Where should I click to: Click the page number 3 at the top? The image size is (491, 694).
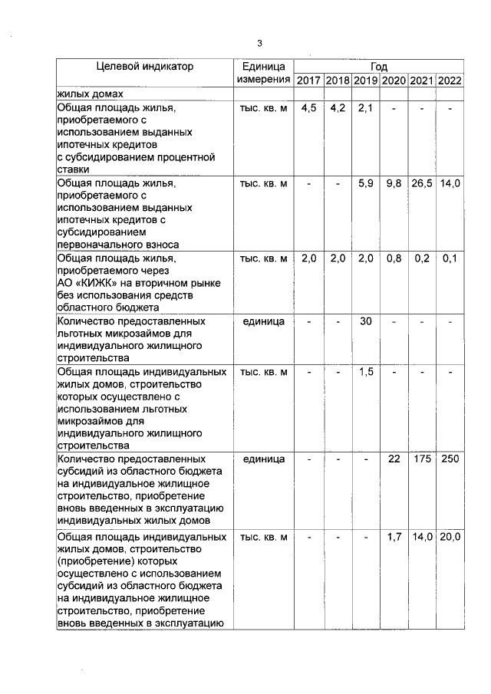(259, 42)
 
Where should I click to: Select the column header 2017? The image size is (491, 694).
(308, 81)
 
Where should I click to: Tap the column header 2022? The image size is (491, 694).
(449, 81)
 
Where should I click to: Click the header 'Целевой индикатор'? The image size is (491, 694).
(145, 67)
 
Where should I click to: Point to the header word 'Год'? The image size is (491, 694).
(379, 67)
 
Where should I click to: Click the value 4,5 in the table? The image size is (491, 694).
(308, 108)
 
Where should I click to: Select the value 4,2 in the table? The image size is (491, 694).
(338, 108)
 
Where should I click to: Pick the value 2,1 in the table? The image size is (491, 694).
(365, 108)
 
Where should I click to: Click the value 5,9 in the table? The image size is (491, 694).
(365, 183)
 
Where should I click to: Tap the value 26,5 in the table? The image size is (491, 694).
(421, 183)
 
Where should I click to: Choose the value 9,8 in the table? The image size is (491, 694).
(394, 183)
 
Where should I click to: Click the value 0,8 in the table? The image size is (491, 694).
(394, 258)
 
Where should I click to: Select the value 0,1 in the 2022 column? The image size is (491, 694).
(450, 258)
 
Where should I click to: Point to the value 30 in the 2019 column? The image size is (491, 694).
(365, 321)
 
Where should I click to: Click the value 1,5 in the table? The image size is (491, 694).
(365, 372)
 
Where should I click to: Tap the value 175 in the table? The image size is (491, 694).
(421, 459)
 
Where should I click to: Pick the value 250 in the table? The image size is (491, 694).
(450, 459)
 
